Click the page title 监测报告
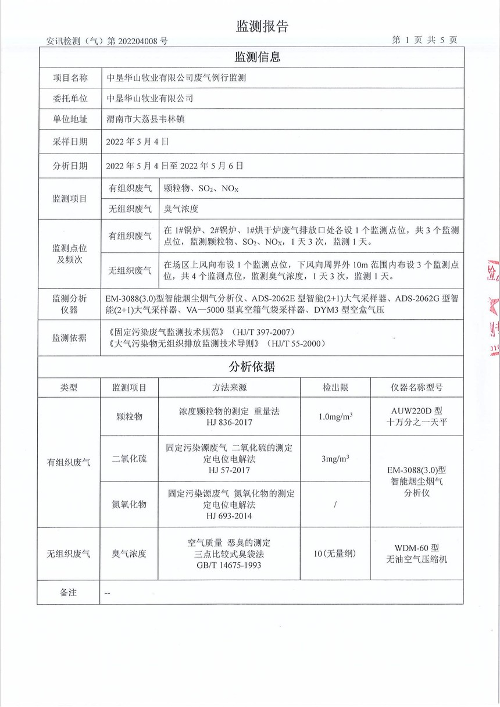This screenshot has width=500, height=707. pos(262,26)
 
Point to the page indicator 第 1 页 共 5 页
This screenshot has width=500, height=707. pos(424,40)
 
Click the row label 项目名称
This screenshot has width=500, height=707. pos(70,77)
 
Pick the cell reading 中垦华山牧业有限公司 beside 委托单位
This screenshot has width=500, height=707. pos(150,98)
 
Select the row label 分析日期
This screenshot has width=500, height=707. pos(70,165)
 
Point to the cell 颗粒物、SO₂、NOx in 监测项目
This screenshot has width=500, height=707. pos(198,188)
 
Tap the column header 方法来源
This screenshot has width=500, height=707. pos(229,387)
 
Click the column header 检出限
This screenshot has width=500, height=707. pos(335,387)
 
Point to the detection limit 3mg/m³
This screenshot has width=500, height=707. pos(335,459)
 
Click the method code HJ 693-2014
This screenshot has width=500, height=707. pos(230,515)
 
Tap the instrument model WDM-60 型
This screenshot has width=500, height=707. pos(416,548)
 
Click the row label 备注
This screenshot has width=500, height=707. pos(68,592)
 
